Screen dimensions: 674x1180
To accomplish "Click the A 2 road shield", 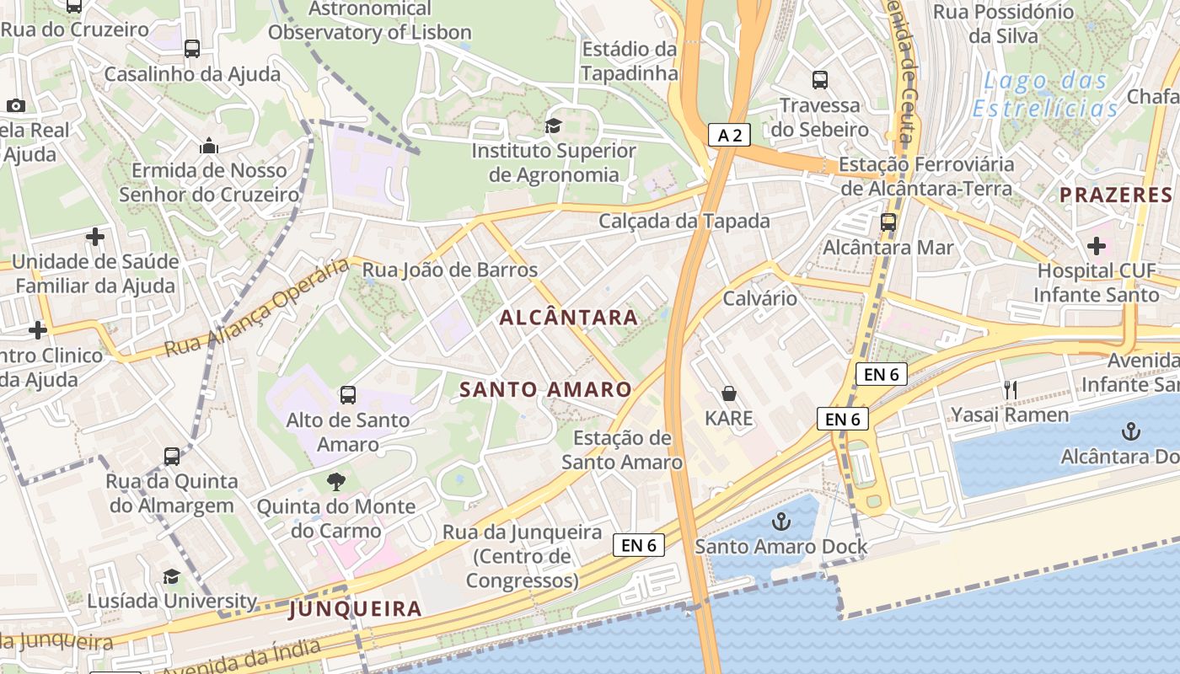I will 729,135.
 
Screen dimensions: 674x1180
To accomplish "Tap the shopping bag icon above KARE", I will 729,393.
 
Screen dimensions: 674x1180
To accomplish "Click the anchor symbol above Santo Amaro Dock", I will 780,522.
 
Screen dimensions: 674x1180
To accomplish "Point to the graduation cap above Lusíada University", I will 172,576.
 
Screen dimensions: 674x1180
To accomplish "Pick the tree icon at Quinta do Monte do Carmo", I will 336,482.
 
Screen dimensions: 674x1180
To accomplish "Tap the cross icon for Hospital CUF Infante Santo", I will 1096,246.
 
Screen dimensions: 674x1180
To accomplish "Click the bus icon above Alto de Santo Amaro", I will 347,394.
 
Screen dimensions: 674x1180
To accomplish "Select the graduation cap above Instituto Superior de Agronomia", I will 553,126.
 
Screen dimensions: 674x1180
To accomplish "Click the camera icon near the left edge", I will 15,105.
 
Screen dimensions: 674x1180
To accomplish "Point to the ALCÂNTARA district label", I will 569,318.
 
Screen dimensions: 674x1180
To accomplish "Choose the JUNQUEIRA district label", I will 355,608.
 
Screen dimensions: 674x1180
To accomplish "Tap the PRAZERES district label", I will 1116,195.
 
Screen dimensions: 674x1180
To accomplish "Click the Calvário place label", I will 759,298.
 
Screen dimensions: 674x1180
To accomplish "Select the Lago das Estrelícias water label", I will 1045,95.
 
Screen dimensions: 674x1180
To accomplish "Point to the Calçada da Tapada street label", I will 684,221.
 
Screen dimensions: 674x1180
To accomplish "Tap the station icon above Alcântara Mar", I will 888,222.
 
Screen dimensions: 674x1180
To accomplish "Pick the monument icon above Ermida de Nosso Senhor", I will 209,146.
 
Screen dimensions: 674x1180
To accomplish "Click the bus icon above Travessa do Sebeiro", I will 820,80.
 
